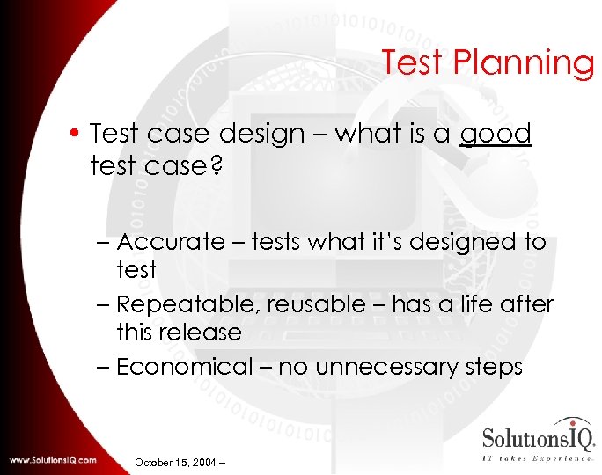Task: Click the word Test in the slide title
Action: pos(416,63)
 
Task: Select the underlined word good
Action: pos(496,134)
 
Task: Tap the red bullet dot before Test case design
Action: pos(78,135)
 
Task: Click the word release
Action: pos(201,332)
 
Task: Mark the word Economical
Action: pos(183,367)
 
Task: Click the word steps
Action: pos(489,367)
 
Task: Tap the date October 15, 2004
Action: pos(179,460)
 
